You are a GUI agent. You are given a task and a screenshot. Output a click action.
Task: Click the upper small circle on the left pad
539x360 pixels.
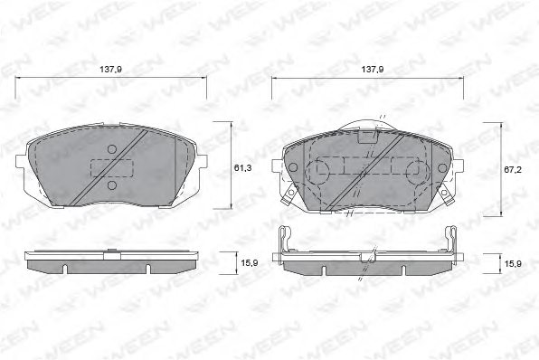coord(112,150)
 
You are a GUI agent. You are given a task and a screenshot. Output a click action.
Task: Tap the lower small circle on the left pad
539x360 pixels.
coord(112,185)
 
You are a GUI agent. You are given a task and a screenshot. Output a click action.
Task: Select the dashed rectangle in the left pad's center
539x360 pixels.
coord(112,167)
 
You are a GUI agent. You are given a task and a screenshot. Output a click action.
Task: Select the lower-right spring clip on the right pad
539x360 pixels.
coord(445,192)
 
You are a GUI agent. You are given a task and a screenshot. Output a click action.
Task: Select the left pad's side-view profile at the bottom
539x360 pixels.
coord(112,262)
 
